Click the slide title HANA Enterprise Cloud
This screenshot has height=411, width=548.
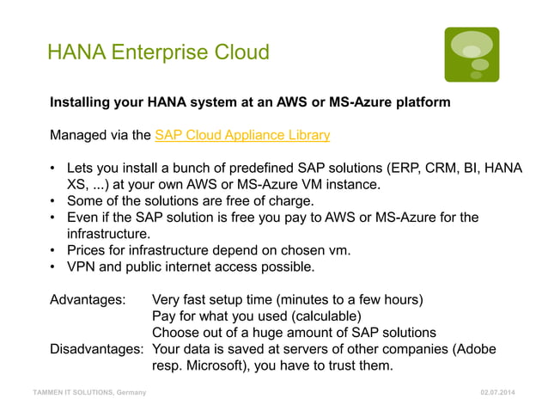coord(158,53)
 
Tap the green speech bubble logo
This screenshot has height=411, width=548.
coord(472,54)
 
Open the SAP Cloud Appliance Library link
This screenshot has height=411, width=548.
coord(242,135)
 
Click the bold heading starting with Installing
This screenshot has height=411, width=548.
coord(249,103)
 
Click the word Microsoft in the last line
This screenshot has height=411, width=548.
coord(222,365)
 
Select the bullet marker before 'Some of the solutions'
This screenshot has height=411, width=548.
coord(53,201)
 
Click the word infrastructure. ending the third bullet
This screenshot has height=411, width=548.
coord(108,234)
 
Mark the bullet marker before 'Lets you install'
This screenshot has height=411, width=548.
coord(53,169)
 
